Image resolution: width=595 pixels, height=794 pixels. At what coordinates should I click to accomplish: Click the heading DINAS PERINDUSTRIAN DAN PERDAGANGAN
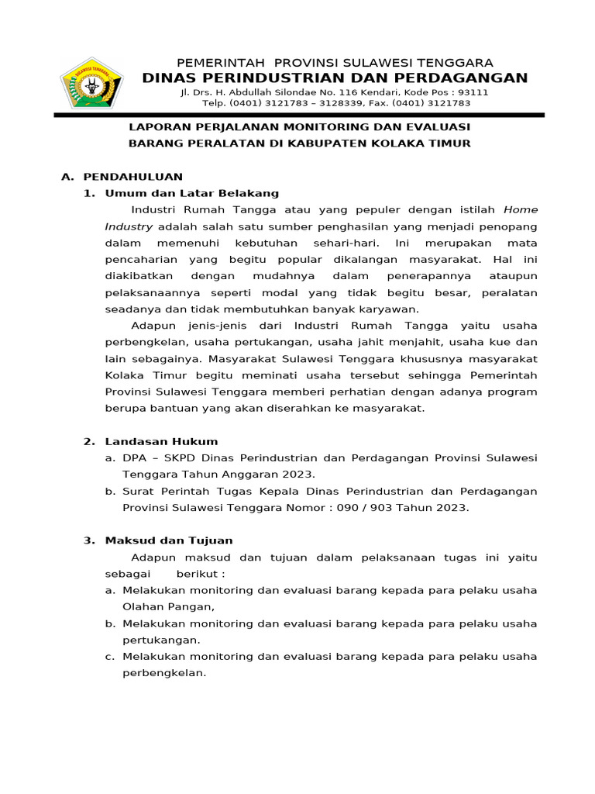coord(335,78)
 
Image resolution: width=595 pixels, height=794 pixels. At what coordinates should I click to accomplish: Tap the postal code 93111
coord(473,91)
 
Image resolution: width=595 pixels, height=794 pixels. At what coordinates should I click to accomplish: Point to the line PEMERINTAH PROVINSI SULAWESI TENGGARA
coord(335,62)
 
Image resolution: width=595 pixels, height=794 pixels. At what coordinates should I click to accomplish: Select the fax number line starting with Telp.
coord(336,102)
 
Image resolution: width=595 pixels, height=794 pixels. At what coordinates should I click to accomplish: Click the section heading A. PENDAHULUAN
coord(122,177)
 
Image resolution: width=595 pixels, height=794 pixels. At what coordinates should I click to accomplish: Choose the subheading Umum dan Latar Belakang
coord(192,193)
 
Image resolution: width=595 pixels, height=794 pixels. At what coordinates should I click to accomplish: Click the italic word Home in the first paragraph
coord(521,209)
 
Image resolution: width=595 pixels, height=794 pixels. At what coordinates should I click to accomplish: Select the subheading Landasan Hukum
coord(161,441)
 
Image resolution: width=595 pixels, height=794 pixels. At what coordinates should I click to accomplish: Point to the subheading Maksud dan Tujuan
coord(169,540)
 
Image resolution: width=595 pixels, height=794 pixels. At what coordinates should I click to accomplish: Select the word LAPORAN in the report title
coord(155,126)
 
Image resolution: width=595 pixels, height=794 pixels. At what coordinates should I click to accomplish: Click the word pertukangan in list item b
coord(160,640)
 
